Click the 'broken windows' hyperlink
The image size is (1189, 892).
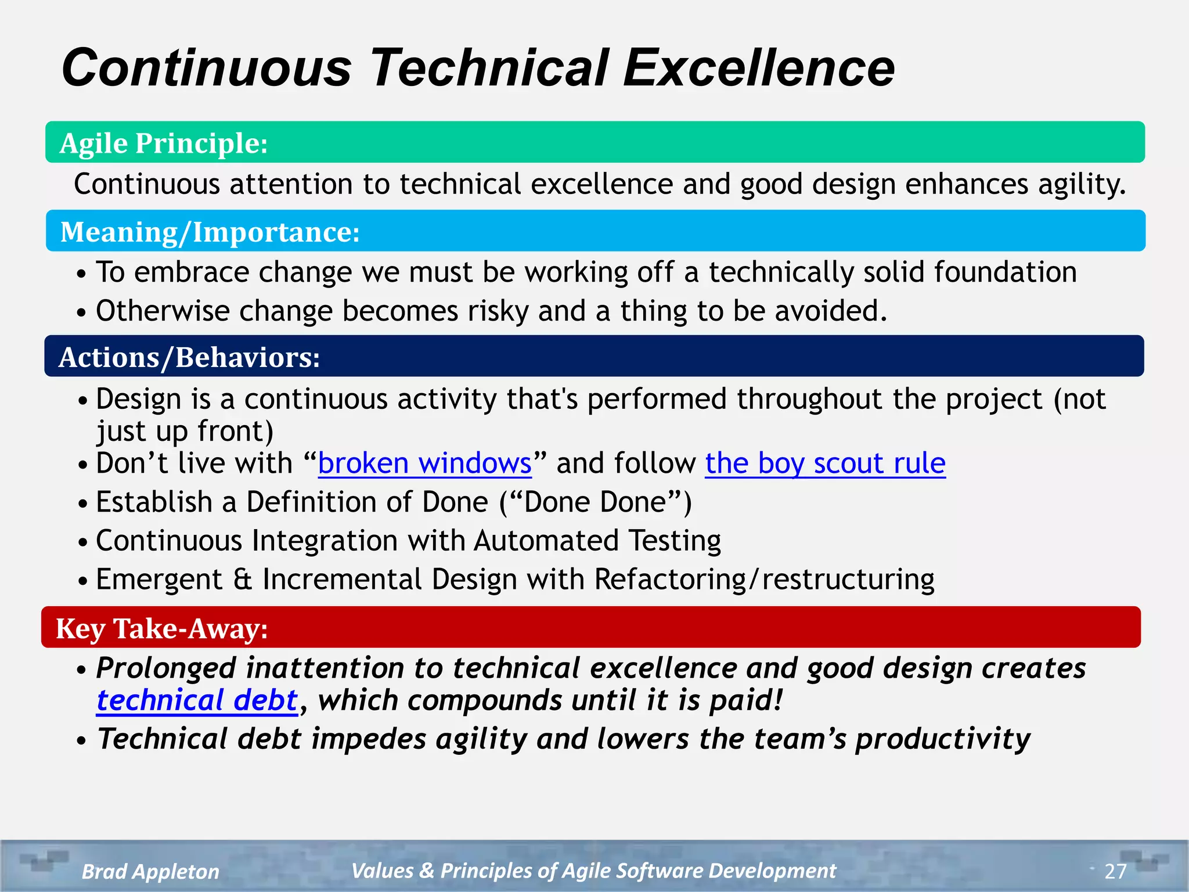[424, 463]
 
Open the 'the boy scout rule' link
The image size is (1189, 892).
[825, 463]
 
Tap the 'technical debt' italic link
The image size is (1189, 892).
[197, 700]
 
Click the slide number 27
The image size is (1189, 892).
[1115, 871]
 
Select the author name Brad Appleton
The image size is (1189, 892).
[150, 871]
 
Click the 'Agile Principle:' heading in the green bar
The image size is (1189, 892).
[164, 143]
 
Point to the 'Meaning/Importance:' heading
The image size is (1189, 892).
[210, 232]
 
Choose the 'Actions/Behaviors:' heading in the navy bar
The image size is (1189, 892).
[189, 357]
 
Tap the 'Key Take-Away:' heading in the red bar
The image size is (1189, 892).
[162, 628]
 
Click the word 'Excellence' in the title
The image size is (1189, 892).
[758, 68]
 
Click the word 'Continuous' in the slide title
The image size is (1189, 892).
[207, 68]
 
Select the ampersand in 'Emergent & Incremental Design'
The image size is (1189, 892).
[243, 580]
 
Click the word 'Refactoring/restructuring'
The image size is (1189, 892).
[764, 580]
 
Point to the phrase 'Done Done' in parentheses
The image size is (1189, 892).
[595, 502]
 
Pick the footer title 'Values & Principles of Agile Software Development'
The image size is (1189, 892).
[593, 871]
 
